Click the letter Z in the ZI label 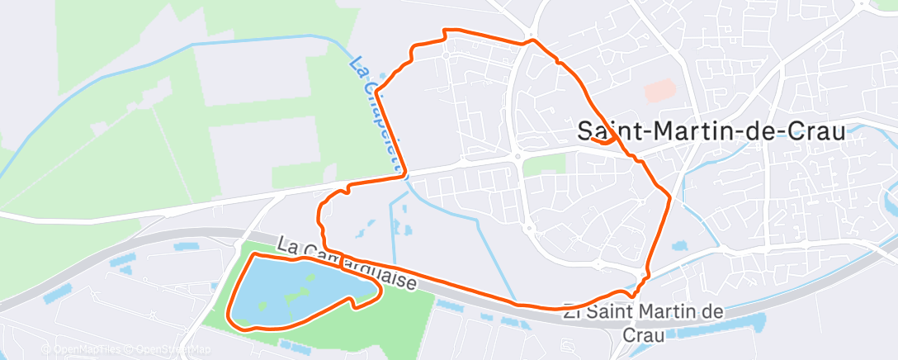(567, 312)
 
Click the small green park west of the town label (544, 164)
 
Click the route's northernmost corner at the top (447, 31)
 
